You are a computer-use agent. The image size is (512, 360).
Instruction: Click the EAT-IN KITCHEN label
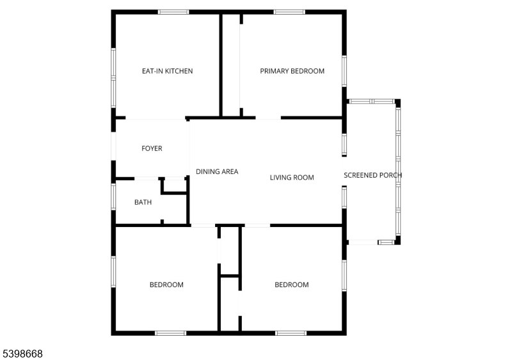point(167,71)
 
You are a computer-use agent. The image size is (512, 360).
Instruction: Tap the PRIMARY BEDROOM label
point(292,71)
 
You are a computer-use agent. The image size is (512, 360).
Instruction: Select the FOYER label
point(152,148)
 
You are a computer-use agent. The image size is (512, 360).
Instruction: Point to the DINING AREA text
point(217,171)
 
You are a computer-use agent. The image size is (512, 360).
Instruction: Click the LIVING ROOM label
point(292,177)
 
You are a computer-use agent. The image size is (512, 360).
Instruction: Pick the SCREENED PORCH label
point(372,175)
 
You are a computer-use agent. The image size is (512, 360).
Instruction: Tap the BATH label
point(143,202)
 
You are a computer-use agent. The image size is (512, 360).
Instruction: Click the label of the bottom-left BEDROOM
point(166,285)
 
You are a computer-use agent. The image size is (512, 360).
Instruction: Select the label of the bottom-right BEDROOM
point(292,285)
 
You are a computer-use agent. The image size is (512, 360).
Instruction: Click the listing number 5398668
point(22,354)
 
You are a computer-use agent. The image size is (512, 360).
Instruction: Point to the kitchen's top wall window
point(173,12)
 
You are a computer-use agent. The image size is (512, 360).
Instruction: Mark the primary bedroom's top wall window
point(289,12)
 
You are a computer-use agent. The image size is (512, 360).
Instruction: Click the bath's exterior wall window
point(113,196)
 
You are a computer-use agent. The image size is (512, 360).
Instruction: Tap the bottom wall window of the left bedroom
point(170,333)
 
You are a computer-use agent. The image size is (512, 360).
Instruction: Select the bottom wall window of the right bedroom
point(291,333)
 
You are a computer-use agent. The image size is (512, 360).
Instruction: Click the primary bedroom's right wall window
point(344,71)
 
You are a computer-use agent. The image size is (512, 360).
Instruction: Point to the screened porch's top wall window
point(372,102)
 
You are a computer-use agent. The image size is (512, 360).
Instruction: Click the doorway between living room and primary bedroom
point(268,118)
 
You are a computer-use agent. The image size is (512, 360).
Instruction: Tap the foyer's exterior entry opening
point(113,146)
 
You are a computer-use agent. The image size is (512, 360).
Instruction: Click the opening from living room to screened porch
point(344,171)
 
